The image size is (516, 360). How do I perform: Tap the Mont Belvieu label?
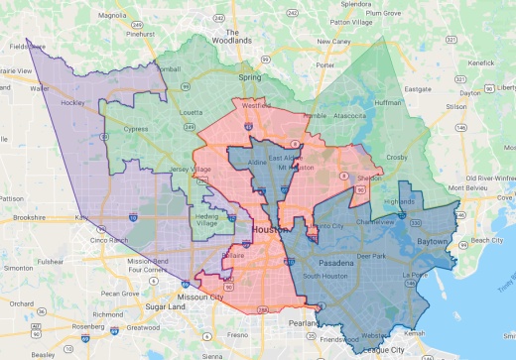[x=469, y=187]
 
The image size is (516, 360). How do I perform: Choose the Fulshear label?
[x=51, y=262]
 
